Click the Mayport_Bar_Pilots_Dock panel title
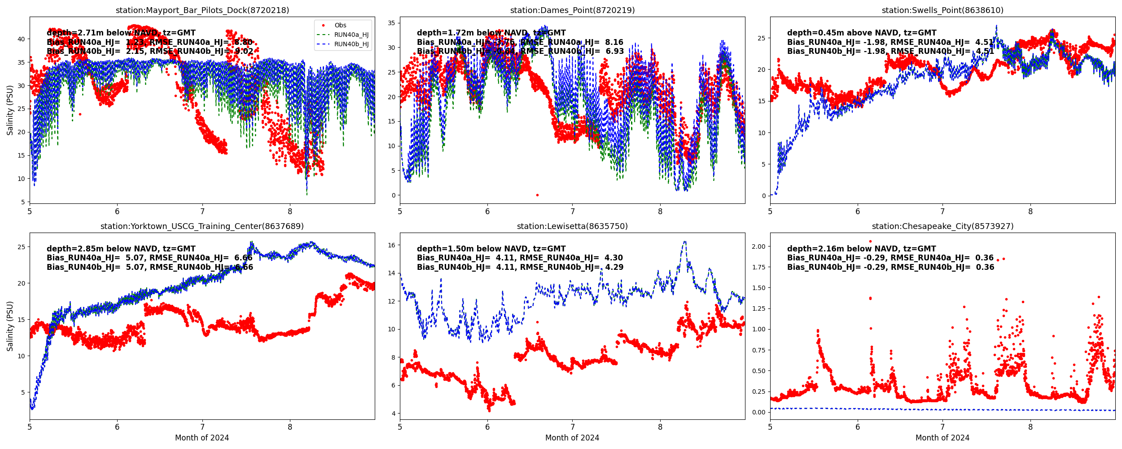coord(202,10)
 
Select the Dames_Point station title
coord(572,10)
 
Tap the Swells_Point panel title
coord(942,10)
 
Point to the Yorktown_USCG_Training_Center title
coord(202,226)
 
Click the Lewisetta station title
coord(572,226)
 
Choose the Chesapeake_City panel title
coord(942,226)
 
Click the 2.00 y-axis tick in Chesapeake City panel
coord(759,247)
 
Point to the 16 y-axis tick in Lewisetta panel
coord(391,245)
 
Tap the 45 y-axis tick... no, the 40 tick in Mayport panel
coord(21,39)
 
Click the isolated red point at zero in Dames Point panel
coord(537,195)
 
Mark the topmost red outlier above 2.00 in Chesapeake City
coord(870,242)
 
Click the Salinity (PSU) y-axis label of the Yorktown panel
coord(10,326)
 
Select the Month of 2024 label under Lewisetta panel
coord(572,438)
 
